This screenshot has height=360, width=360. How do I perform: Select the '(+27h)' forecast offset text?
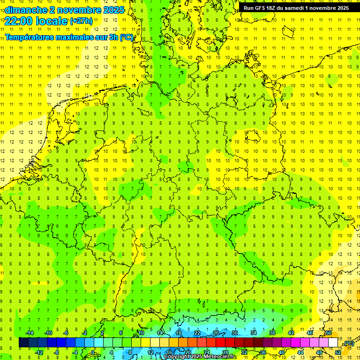81,21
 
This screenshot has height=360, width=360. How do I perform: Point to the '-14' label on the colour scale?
29,333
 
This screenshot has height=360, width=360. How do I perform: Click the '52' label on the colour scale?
337,352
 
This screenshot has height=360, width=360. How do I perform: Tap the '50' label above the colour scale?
329,333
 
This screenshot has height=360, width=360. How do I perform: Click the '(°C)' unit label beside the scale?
349,343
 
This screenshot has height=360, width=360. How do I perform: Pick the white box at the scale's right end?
333,343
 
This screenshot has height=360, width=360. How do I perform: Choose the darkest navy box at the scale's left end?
23,343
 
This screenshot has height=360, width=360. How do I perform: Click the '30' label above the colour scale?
234,333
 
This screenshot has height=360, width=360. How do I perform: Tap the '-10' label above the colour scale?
48,333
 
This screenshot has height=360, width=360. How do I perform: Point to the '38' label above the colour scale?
272,333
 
